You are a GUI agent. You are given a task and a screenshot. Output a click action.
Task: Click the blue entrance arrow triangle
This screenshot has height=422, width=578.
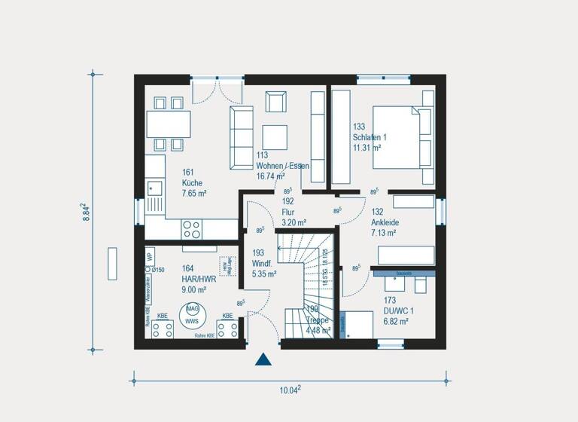click(263, 359)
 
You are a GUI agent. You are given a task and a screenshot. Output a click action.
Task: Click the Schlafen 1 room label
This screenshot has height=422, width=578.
click(369, 137)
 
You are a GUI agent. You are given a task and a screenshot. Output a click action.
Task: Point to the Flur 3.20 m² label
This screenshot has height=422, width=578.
click(294, 212)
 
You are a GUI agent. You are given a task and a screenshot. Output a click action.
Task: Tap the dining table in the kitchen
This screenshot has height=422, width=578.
click(168, 124)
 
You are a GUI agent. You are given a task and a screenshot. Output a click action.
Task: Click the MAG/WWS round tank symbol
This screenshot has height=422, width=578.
click(193, 314)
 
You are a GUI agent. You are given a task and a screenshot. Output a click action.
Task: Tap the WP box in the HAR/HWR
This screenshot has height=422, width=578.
click(150, 255)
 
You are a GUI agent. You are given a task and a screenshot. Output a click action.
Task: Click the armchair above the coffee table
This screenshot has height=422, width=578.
click(275, 101)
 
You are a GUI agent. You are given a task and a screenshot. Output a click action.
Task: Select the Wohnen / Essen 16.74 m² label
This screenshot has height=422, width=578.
click(281, 165)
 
